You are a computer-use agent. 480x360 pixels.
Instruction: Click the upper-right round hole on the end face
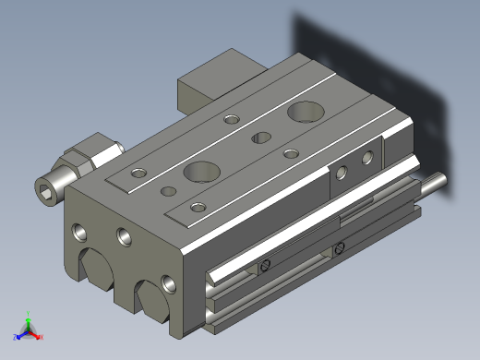click(x=122, y=237)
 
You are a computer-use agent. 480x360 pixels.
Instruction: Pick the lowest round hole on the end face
click(x=167, y=283)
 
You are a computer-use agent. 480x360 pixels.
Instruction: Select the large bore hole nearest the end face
click(x=199, y=171)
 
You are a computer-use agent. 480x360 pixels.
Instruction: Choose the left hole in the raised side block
click(x=342, y=171)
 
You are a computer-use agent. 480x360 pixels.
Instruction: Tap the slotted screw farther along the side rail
click(x=340, y=246)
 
